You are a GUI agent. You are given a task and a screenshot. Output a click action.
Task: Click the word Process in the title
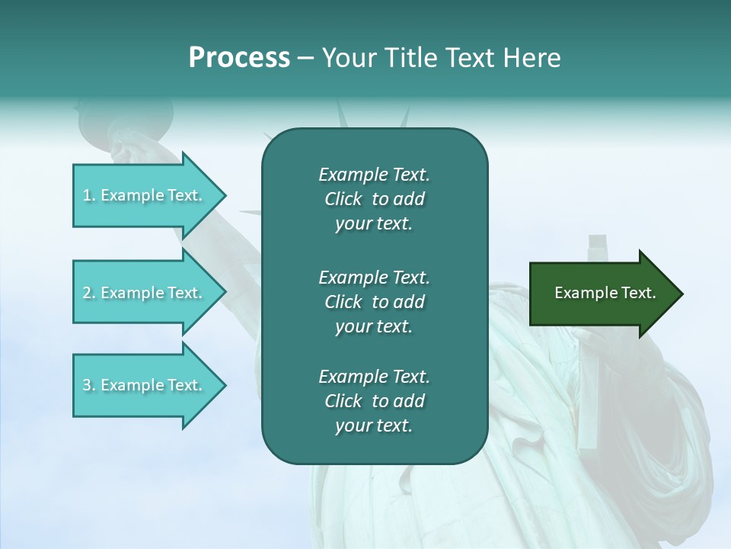point(239,58)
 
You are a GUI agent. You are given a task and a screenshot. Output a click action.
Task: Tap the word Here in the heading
point(531,58)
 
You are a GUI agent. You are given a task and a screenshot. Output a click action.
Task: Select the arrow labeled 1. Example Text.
point(145,195)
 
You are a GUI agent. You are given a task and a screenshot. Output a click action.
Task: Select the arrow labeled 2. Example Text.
point(145,293)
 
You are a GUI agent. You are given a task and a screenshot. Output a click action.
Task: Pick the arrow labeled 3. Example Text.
point(145,385)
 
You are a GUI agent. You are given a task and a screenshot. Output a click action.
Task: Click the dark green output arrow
point(602,294)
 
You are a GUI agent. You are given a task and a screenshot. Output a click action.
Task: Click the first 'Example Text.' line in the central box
point(374,175)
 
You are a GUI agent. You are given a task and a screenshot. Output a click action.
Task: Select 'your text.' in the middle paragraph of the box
point(374,326)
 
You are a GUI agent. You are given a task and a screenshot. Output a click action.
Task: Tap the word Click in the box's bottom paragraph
point(343,401)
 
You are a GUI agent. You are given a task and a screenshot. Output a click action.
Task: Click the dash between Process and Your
point(306,58)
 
